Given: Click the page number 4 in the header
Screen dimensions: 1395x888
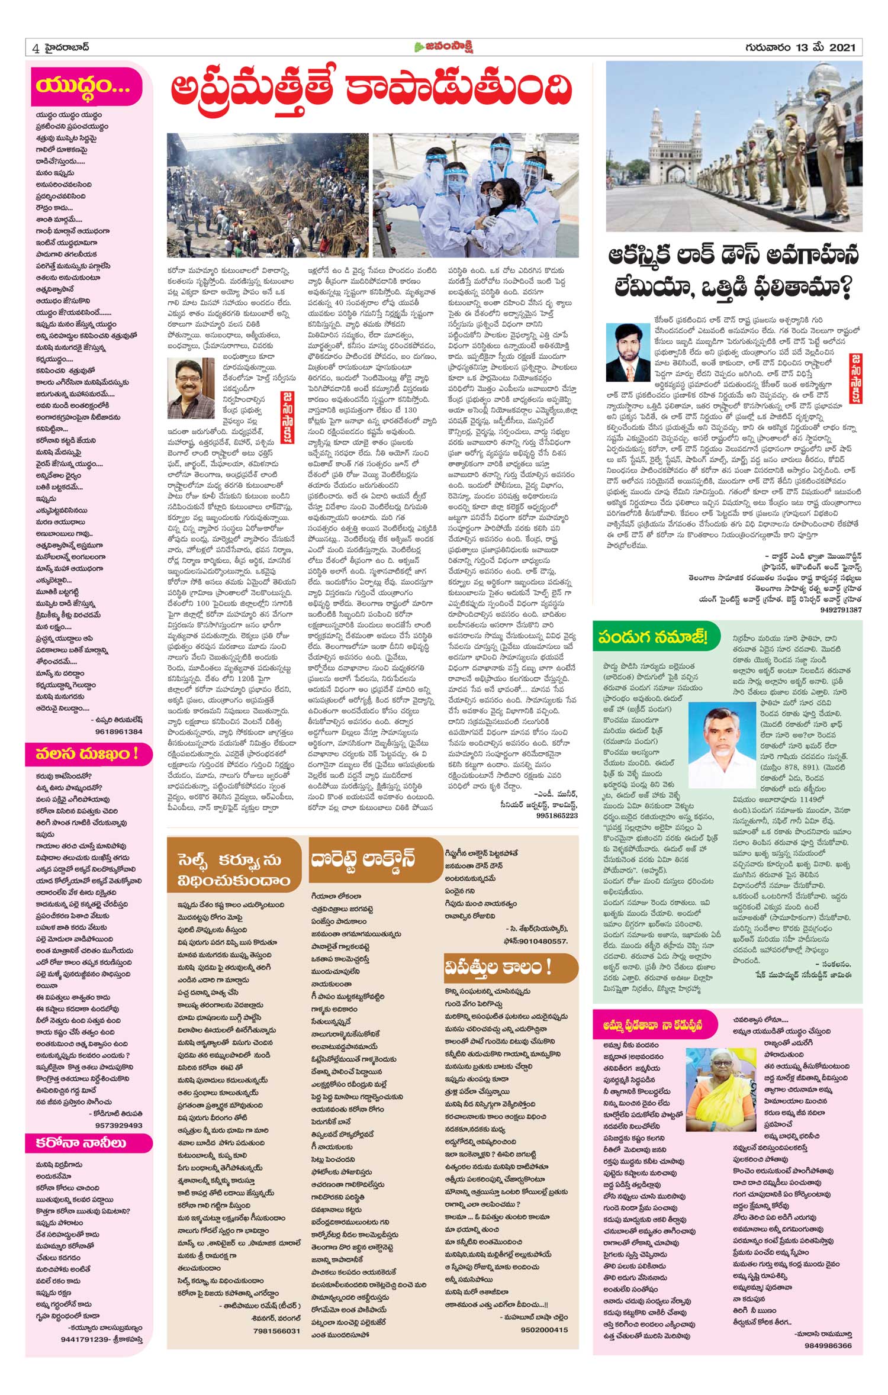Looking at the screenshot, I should coord(36,48).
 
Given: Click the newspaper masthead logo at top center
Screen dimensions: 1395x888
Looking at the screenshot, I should coord(444,48).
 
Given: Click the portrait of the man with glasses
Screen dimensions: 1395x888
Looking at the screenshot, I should coord(191,388).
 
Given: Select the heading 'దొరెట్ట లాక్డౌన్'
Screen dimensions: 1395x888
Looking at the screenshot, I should coord(363,859).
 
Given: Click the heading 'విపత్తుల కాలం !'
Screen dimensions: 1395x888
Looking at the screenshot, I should coord(498,968).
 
